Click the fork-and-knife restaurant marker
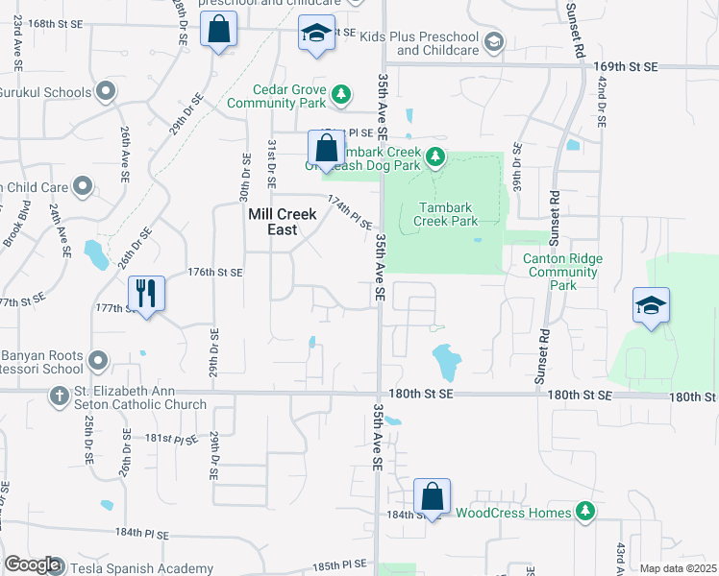point(146,293)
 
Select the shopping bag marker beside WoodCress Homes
point(432,497)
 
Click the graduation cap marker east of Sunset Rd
point(651,306)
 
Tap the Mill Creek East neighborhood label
point(283,222)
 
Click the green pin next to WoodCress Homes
point(583,513)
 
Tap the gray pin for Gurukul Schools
point(106,93)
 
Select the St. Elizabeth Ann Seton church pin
point(60,396)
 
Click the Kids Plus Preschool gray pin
point(494,41)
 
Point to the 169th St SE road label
point(626,66)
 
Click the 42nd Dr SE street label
point(602,106)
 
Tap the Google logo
point(32,564)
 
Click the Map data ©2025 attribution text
point(678,568)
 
